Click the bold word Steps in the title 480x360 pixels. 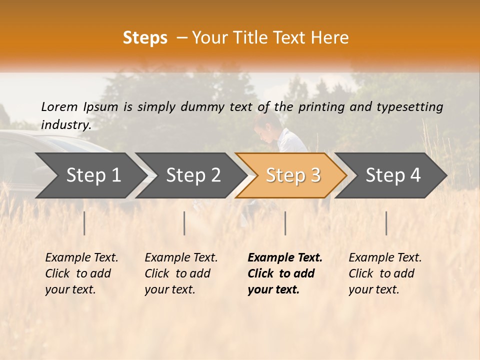pos(145,38)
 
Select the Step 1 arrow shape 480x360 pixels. pos(90,175)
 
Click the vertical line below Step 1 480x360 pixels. pos(84,223)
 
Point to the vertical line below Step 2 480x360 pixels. pos(184,223)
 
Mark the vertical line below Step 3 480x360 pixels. pos(285,223)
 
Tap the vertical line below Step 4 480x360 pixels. pos(386,223)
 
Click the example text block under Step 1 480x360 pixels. pos(81,273)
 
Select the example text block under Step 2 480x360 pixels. pos(181,273)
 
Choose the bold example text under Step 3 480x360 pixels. pos(285,273)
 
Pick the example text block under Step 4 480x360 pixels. pos(385,273)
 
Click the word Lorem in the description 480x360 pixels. pos(59,106)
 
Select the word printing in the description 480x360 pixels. pos(322,107)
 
